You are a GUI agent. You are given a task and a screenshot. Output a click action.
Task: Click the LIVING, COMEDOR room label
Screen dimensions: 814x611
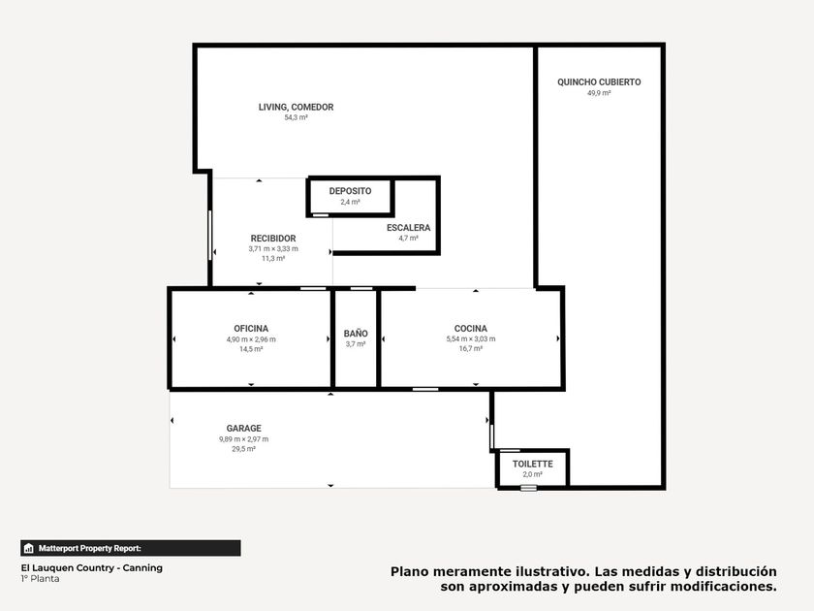coord(296,107)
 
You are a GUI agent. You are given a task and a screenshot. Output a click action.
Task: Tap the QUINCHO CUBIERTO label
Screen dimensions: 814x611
coord(599,82)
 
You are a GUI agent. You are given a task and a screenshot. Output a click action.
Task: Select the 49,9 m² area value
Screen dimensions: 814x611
coord(599,93)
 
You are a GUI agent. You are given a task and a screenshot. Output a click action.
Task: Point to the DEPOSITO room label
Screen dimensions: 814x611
coord(351,191)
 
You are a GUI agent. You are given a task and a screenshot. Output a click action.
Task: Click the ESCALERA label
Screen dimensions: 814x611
coord(409,228)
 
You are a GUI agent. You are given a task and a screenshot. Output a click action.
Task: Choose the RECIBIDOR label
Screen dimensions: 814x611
coord(273,239)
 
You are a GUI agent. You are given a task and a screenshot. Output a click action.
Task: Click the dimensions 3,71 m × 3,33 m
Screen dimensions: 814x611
coord(273,249)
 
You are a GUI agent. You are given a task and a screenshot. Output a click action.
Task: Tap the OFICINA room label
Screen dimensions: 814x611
coord(251,329)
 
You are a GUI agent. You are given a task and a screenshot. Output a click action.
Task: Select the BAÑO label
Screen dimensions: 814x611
coord(356,334)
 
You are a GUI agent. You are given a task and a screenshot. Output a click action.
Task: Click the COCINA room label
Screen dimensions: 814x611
coord(471,329)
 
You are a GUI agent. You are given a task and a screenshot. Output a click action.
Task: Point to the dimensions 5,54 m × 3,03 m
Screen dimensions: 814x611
coord(471,338)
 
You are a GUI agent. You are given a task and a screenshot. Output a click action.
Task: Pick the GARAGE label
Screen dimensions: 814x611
coord(244,428)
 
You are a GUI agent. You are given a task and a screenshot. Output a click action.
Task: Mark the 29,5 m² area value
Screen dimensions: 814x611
coord(244,449)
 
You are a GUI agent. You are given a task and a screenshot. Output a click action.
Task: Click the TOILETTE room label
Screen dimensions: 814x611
coord(533,464)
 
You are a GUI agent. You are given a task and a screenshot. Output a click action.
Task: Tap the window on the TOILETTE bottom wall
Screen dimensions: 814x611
coord(528,488)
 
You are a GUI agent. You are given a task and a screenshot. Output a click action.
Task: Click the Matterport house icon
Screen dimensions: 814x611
coord(29,548)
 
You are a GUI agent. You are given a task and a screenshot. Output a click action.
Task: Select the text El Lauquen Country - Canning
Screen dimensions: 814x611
coord(92,568)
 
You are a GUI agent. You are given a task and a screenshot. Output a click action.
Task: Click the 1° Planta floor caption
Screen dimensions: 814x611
coord(41,579)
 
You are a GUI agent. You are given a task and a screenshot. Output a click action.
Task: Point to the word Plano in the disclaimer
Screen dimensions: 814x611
coord(410,571)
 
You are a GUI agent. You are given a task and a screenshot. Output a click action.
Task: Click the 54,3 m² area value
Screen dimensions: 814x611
coord(296,118)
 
